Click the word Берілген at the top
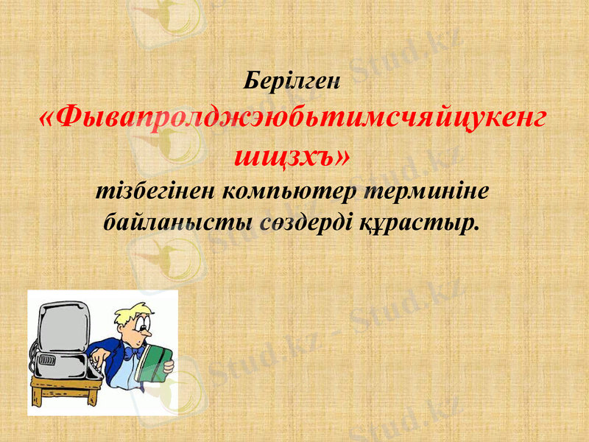293,80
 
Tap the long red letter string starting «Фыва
294,118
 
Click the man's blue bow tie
134,353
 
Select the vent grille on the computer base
48,360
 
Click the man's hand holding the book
169,365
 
